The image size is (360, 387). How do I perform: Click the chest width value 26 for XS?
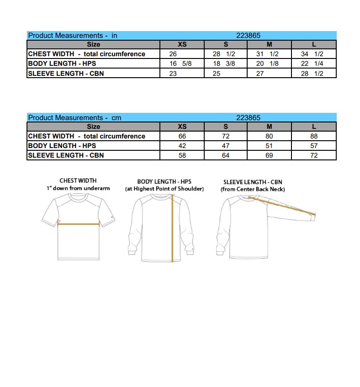tap(173, 54)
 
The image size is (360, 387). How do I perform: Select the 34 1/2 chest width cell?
tap(312, 54)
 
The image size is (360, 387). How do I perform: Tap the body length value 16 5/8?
tap(180, 64)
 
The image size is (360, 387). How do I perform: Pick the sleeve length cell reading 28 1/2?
tap(312, 74)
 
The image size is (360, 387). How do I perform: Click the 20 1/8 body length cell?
tap(267, 64)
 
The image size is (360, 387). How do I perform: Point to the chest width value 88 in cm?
tap(314, 136)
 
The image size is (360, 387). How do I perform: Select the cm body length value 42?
tap(182, 146)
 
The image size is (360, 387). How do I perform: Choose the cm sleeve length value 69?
tap(269, 155)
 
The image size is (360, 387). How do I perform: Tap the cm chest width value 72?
tap(225, 136)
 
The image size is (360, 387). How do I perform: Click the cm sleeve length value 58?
tap(182, 155)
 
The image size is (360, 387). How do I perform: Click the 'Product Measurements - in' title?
tap(73, 35)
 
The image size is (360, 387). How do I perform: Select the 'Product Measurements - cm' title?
tap(74, 117)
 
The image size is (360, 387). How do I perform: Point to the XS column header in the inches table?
tap(182, 44)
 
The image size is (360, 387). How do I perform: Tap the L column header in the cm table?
tap(314, 127)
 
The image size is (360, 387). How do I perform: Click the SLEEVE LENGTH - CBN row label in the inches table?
tap(66, 74)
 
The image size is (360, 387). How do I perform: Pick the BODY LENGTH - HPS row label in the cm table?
tap(62, 146)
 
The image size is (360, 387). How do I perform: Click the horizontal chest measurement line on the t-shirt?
tap(79, 224)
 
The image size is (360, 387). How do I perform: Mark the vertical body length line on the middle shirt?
tap(172, 228)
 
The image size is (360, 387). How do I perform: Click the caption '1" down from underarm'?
tap(78, 188)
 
